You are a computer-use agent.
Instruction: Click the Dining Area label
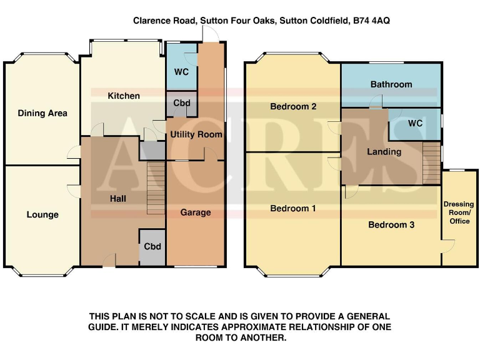point(42,113)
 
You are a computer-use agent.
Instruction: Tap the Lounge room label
point(42,214)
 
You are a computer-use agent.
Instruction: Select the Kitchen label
point(124,96)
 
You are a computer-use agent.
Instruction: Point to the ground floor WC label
point(181,72)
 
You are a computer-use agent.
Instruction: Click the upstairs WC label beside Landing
point(415,123)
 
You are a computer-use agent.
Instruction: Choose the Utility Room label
point(196,134)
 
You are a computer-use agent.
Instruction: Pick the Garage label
point(196,212)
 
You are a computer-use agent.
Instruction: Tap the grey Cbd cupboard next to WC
point(181,103)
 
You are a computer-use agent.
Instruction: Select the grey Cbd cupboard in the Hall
point(152,246)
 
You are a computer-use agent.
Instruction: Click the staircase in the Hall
point(156,187)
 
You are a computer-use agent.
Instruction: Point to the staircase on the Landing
point(432,162)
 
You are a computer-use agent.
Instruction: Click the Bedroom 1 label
point(292,208)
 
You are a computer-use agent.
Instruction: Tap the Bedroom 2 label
point(292,106)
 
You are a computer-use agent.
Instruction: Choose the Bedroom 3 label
point(391,224)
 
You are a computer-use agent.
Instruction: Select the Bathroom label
point(391,84)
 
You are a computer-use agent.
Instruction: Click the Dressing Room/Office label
point(459,212)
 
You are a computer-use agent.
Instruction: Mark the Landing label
point(384,152)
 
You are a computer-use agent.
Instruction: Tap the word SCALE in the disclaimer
point(204,316)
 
